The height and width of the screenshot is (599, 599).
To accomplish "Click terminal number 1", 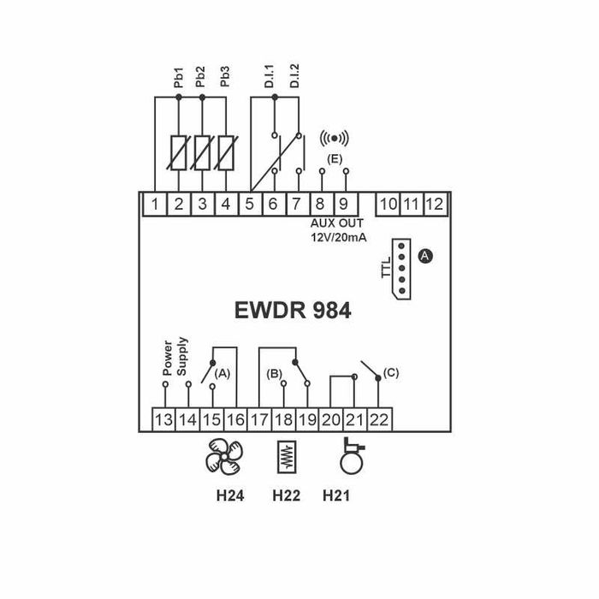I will point(155,204).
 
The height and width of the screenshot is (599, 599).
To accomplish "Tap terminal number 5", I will point(250,204).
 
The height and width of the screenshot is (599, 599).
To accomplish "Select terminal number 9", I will point(343,204).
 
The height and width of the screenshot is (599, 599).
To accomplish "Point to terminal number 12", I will point(434,204).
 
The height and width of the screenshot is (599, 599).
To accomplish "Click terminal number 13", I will point(163,419).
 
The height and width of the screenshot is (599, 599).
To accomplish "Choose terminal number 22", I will point(379,419).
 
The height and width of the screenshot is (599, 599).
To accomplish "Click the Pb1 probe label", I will point(178,80).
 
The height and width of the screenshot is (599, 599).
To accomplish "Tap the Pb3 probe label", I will point(225,80).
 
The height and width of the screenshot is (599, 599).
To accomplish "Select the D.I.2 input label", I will point(296,78).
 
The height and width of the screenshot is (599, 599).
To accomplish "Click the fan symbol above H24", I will point(223,457).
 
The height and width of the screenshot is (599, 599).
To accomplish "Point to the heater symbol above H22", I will point(286,456).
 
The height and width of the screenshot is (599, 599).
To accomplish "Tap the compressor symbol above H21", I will point(351,456).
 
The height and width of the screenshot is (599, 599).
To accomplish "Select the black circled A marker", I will point(426,256).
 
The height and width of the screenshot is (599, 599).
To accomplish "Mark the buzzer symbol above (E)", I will point(334,138).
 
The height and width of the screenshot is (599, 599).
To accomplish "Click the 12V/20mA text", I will point(338,237).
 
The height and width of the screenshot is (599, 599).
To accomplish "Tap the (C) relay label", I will point(391,372).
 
